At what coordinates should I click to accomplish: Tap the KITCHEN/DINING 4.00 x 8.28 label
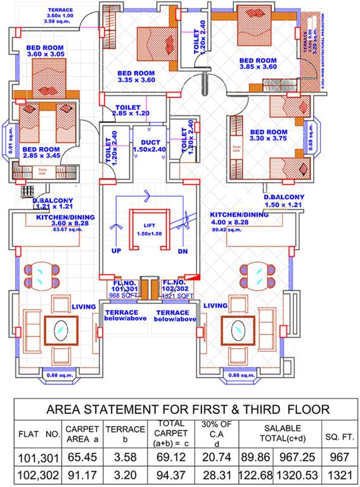pyautogui.click(x=239, y=219)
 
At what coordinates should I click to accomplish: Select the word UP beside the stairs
pyautogui.click(x=116, y=251)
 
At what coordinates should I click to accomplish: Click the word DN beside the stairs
pyautogui.click(x=183, y=251)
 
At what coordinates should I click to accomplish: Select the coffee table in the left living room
pyautogui.click(x=61, y=330)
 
